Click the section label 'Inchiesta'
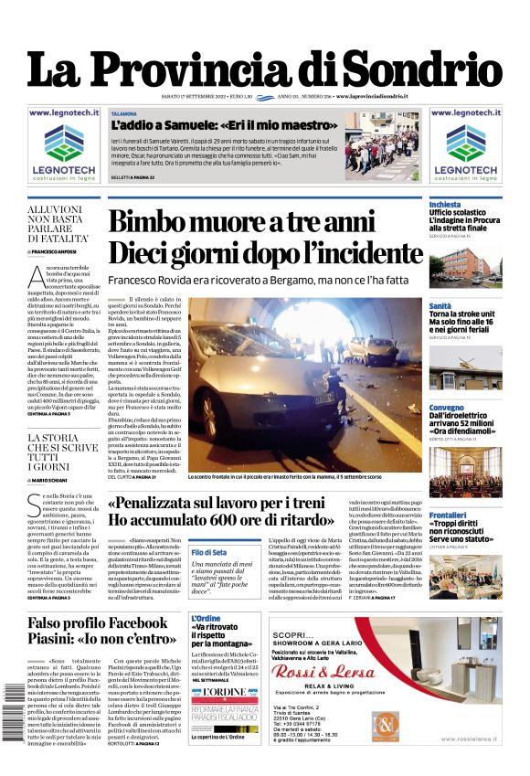(x=445, y=204)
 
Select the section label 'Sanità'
(x=440, y=306)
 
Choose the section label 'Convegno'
(x=447, y=408)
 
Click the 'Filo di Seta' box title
(x=209, y=553)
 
